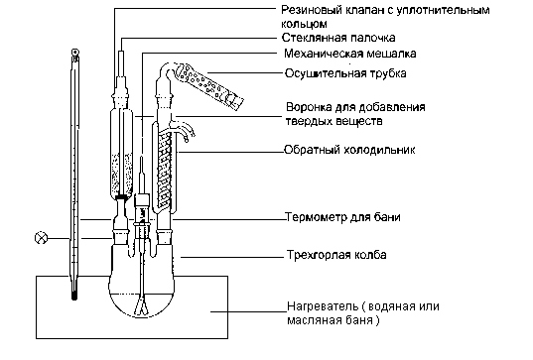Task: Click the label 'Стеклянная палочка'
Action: tap(338, 38)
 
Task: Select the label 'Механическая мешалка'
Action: tap(349, 54)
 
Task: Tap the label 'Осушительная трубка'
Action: tap(345, 73)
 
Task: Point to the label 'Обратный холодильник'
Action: tap(349, 150)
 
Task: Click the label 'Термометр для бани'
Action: tap(342, 217)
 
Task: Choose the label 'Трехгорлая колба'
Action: tap(336, 255)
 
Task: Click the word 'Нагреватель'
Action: tap(323, 306)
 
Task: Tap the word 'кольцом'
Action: tap(305, 24)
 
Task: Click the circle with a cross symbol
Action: tap(42, 238)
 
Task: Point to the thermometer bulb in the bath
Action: tap(74, 295)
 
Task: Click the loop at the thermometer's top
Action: tap(74, 53)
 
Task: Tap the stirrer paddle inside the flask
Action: tap(142, 307)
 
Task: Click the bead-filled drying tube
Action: tap(208, 86)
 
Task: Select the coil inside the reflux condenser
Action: tap(166, 169)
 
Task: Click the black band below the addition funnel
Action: tap(121, 197)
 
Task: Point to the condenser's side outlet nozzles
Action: tap(186, 131)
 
